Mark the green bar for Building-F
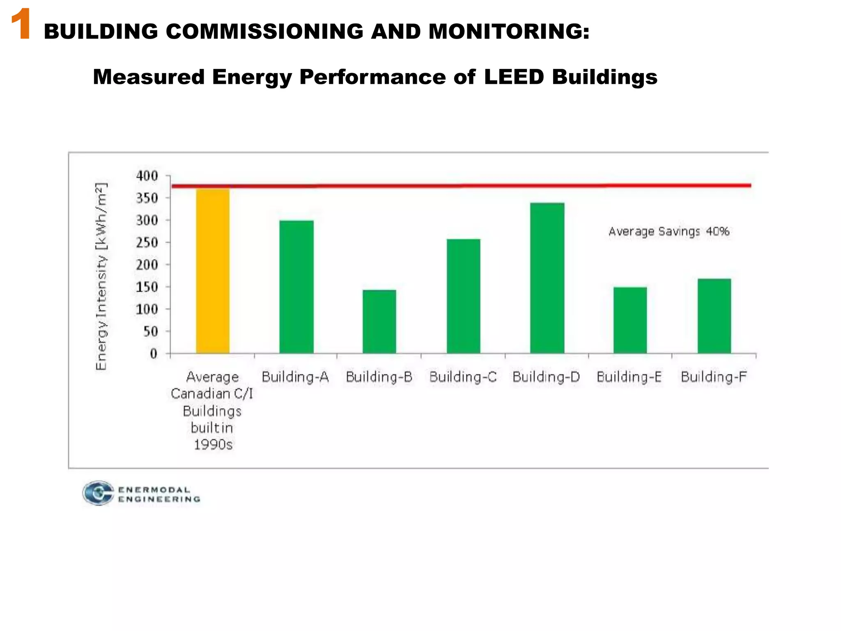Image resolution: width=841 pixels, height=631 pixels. [714, 316]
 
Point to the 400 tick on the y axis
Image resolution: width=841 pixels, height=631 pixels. [147, 176]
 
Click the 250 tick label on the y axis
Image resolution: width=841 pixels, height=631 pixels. [147, 242]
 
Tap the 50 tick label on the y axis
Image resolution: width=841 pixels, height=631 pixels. [151, 331]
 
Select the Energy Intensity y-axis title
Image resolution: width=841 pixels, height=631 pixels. [101, 276]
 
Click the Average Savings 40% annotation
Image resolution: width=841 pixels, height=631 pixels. [669, 232]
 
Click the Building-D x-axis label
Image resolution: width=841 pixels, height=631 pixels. [546, 377]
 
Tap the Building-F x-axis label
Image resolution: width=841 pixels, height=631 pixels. [713, 377]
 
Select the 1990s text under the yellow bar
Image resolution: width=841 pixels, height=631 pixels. [213, 444]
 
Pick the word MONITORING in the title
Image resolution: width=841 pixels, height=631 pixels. [508, 32]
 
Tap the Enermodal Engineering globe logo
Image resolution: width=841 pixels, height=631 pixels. [98, 493]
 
